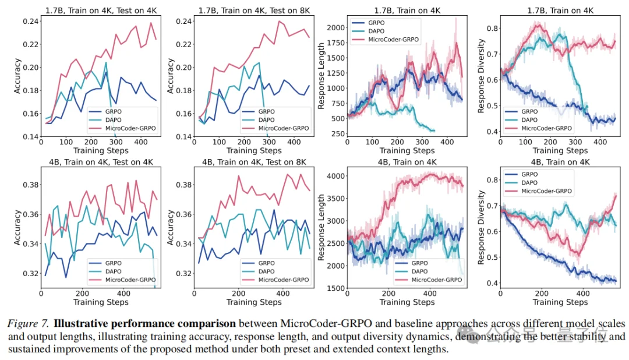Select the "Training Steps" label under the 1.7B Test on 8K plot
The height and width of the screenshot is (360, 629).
tap(253, 150)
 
